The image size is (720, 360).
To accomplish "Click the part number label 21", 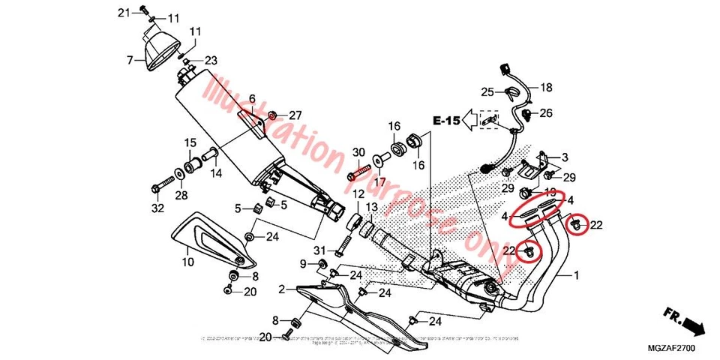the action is tap(124, 12).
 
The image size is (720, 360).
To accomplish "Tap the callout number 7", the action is tap(130, 59).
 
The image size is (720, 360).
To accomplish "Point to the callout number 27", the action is tap(295, 115).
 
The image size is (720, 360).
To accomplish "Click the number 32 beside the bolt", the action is tap(157, 208).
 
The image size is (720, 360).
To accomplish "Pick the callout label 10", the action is tap(187, 262).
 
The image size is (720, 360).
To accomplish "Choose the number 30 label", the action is tap(358, 152).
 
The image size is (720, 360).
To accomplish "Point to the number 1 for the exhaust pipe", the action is tap(577, 276).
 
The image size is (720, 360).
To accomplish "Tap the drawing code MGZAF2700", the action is tap(673, 349).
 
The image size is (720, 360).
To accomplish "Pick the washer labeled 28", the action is tap(180, 175).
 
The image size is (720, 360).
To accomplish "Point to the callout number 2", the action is tap(281, 289).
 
